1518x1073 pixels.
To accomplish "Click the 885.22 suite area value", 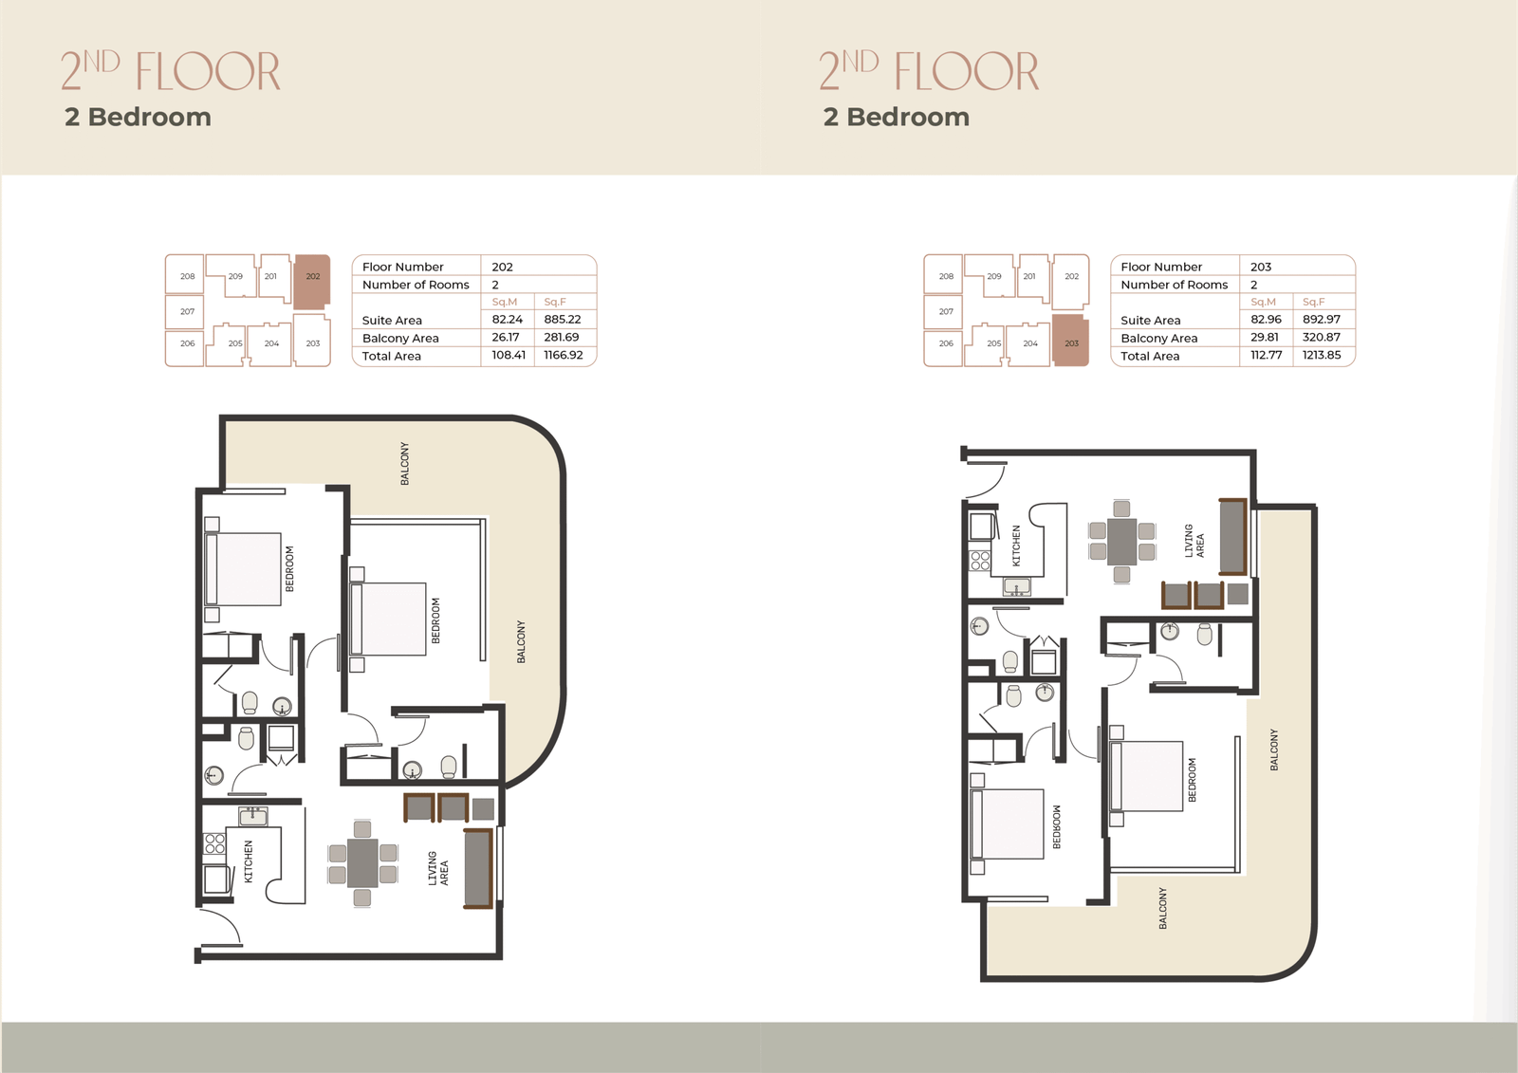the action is point(563,320).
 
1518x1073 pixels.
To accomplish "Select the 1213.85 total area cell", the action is point(1322,355).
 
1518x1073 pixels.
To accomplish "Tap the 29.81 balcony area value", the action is point(1265,337).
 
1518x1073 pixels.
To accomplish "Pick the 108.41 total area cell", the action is point(509,355).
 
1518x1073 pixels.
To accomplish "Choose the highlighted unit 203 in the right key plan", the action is point(1071,341).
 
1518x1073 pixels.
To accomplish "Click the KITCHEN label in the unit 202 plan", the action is point(248,861).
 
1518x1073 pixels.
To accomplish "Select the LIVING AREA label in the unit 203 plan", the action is point(1194,541).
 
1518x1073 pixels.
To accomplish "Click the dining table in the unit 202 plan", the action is point(362,863).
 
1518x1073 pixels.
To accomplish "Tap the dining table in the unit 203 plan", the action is point(1122,542).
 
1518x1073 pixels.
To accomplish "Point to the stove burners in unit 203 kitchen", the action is point(980,561).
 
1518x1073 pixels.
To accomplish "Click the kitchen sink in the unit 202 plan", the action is point(252,816).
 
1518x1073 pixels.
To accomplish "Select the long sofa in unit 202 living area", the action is point(478,868).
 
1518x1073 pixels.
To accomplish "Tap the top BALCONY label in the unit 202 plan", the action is point(404,464).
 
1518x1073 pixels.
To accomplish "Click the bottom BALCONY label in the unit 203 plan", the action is point(1163,908).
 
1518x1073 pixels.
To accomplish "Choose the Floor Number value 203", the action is point(1261,267).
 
